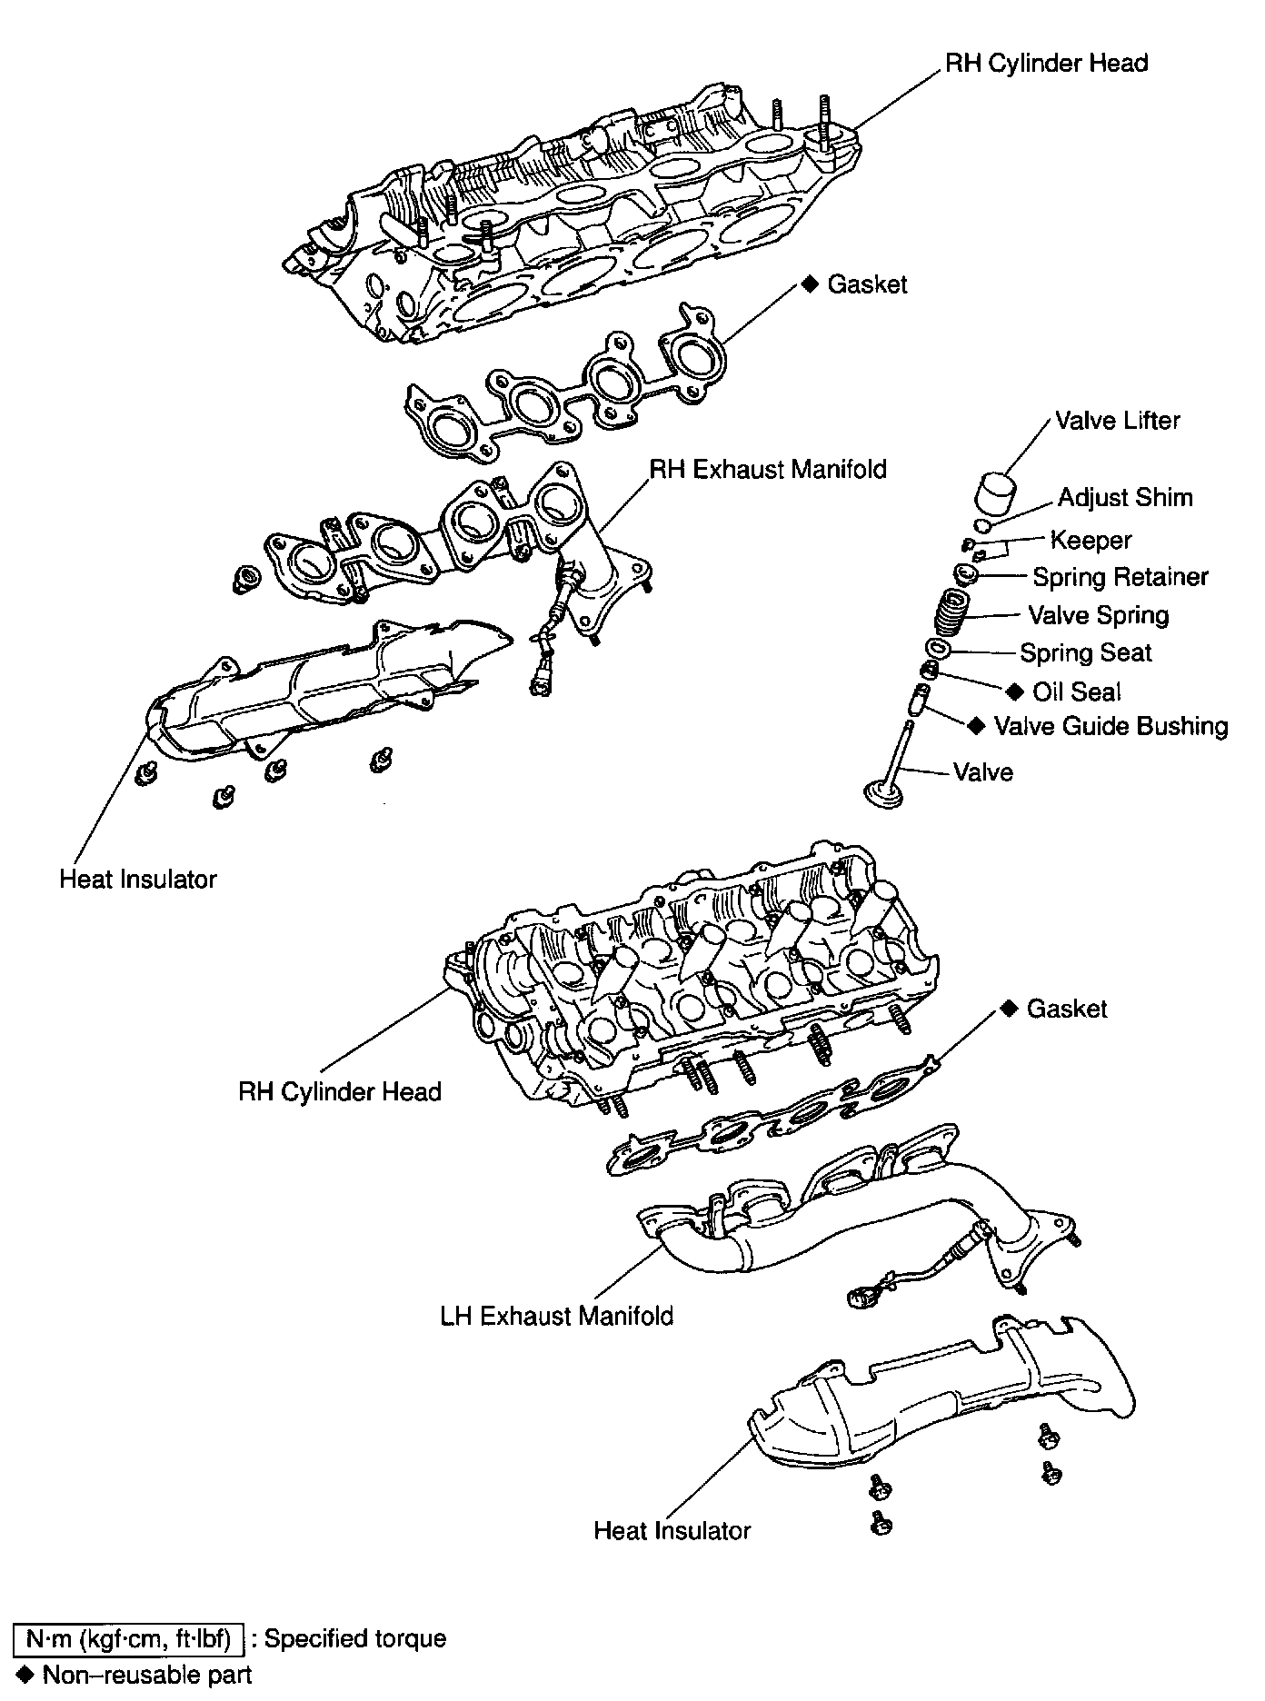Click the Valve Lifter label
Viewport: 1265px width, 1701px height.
[x=1117, y=421]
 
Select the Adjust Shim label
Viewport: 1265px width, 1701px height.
[x=1125, y=498]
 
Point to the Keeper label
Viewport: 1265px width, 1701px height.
[x=1091, y=540]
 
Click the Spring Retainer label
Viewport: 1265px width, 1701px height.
[x=1121, y=577]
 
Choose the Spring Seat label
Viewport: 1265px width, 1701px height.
[x=1085, y=652]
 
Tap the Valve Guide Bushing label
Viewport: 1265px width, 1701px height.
[x=1111, y=726]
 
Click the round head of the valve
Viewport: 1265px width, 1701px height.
[x=882, y=792]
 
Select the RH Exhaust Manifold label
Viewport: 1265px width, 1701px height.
[x=767, y=469]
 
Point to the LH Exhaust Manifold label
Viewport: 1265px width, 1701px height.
[x=556, y=1316]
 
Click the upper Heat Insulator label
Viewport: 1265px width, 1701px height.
[x=138, y=879]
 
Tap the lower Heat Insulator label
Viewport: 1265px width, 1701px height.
[x=672, y=1530]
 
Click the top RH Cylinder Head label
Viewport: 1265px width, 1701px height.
[x=1046, y=64]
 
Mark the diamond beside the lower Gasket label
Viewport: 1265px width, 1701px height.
[x=1008, y=1009]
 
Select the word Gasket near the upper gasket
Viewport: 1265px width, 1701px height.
[x=867, y=284]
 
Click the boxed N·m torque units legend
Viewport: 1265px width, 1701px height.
[x=128, y=1639]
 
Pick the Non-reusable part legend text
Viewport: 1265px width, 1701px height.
[x=146, y=1674]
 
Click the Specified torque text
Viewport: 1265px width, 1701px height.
[x=354, y=1639]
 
